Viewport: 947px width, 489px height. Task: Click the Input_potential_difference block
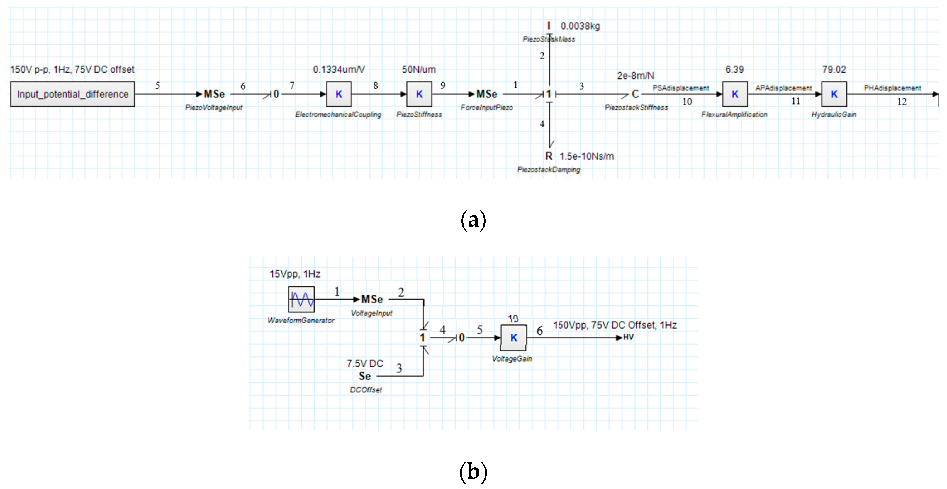[72, 94]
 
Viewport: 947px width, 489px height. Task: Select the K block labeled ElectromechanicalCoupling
[339, 94]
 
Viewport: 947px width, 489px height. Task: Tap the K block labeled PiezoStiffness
[419, 94]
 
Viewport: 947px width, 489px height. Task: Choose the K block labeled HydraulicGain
[834, 94]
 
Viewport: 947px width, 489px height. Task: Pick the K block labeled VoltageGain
[513, 338]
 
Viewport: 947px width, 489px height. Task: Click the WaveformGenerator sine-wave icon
[301, 299]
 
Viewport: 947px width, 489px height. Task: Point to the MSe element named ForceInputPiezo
[486, 94]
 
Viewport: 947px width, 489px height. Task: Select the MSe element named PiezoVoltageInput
[214, 94]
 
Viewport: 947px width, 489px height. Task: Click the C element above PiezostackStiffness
[635, 94]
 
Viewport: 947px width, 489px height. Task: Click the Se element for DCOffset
[365, 376]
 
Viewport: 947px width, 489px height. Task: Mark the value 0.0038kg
[580, 26]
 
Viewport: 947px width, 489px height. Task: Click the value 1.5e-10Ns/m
[586, 156]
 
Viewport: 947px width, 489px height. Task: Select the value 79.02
[834, 69]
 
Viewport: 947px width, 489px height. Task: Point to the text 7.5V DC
[365, 363]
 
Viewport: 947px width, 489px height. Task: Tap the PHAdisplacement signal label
[892, 88]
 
